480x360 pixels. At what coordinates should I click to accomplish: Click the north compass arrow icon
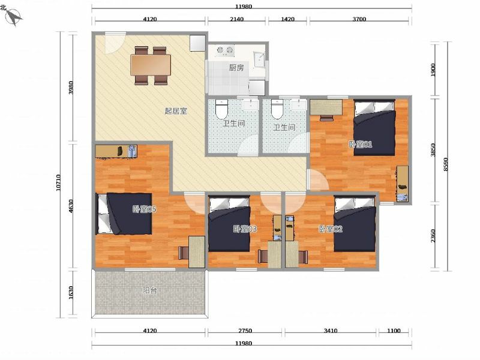coord(14,17)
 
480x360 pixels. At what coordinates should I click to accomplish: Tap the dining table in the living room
coord(151,65)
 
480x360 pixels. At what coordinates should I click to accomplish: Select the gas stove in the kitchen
coord(224,51)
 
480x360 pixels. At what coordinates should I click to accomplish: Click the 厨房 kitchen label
coord(236,68)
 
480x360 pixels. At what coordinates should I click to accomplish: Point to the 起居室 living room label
coord(176,111)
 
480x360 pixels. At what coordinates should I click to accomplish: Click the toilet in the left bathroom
coord(221,109)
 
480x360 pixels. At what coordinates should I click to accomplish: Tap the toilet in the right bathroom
coord(277,109)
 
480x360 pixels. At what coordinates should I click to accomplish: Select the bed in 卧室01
coord(374,127)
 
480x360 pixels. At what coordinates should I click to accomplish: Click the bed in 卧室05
coord(124,214)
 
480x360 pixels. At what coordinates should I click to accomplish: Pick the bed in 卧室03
coord(229,223)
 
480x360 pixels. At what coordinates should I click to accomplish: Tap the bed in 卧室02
coord(355,223)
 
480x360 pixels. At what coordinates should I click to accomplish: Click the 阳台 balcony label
coord(149,290)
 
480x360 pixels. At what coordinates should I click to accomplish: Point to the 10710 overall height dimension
coord(58,182)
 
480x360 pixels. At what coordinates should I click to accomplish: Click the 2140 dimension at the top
coord(236,19)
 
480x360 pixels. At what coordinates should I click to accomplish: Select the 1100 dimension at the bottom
coord(394,331)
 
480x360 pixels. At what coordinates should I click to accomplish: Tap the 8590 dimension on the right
coord(445,164)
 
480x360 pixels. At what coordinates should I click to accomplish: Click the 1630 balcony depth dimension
coord(71,293)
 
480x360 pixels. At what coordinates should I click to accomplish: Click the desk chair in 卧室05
coord(183,253)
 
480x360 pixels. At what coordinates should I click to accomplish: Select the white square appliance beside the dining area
coord(197,43)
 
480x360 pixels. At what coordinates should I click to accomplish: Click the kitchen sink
coord(259,59)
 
